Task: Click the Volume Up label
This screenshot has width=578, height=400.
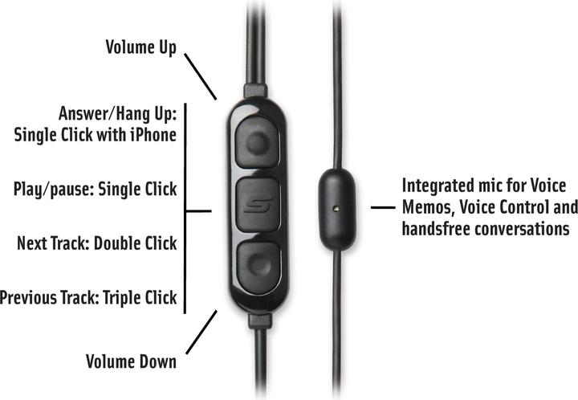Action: coord(141,47)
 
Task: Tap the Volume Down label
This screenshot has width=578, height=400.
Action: coord(131,361)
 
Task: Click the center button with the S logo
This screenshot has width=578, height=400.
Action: coord(258,205)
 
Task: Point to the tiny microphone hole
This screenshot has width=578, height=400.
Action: coord(336,208)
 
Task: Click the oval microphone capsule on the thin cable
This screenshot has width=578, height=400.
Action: coord(337,210)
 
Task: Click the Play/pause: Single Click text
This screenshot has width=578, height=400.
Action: coord(95,190)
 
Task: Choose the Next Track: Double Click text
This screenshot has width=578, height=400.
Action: coord(97,243)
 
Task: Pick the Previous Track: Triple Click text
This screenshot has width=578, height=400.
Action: coord(88,297)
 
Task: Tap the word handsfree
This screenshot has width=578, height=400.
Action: coord(436,229)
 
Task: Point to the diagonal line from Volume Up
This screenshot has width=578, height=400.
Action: coord(200,76)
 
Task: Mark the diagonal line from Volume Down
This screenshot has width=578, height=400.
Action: coord(201,333)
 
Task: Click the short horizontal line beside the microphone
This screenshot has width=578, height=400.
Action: coord(383,208)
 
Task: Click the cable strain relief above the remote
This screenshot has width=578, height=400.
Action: coord(255,91)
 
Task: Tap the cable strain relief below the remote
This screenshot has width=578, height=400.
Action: coord(260,321)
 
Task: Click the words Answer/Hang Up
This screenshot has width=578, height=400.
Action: coord(117,113)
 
